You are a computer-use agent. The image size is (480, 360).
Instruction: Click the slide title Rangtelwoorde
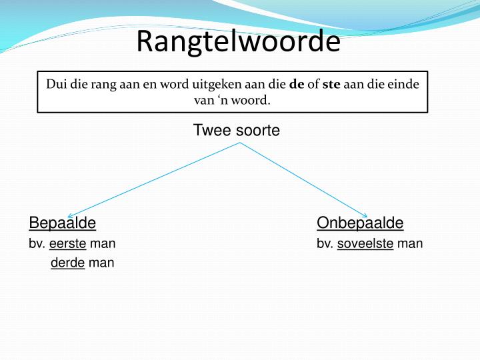point(238,42)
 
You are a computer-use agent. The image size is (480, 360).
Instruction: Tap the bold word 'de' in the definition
point(297,85)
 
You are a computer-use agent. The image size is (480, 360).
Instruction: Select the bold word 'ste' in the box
point(331,85)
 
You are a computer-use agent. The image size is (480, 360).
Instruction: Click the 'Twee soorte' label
point(236,131)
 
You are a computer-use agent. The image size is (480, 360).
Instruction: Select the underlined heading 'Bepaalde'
point(63,223)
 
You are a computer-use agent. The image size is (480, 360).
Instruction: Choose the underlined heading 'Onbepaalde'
point(360,223)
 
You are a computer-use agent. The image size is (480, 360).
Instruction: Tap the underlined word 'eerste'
point(68,243)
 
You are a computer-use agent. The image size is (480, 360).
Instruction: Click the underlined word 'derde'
point(67,263)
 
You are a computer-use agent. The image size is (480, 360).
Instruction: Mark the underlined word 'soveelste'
point(365,243)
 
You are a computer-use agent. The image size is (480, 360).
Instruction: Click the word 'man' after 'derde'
point(101,263)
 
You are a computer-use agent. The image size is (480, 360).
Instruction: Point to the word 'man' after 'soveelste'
point(410,243)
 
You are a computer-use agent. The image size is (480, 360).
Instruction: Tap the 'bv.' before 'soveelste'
point(325,243)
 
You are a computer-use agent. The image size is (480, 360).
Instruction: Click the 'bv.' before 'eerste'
point(37,243)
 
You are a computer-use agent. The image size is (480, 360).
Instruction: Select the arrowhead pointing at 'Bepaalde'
point(70,214)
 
